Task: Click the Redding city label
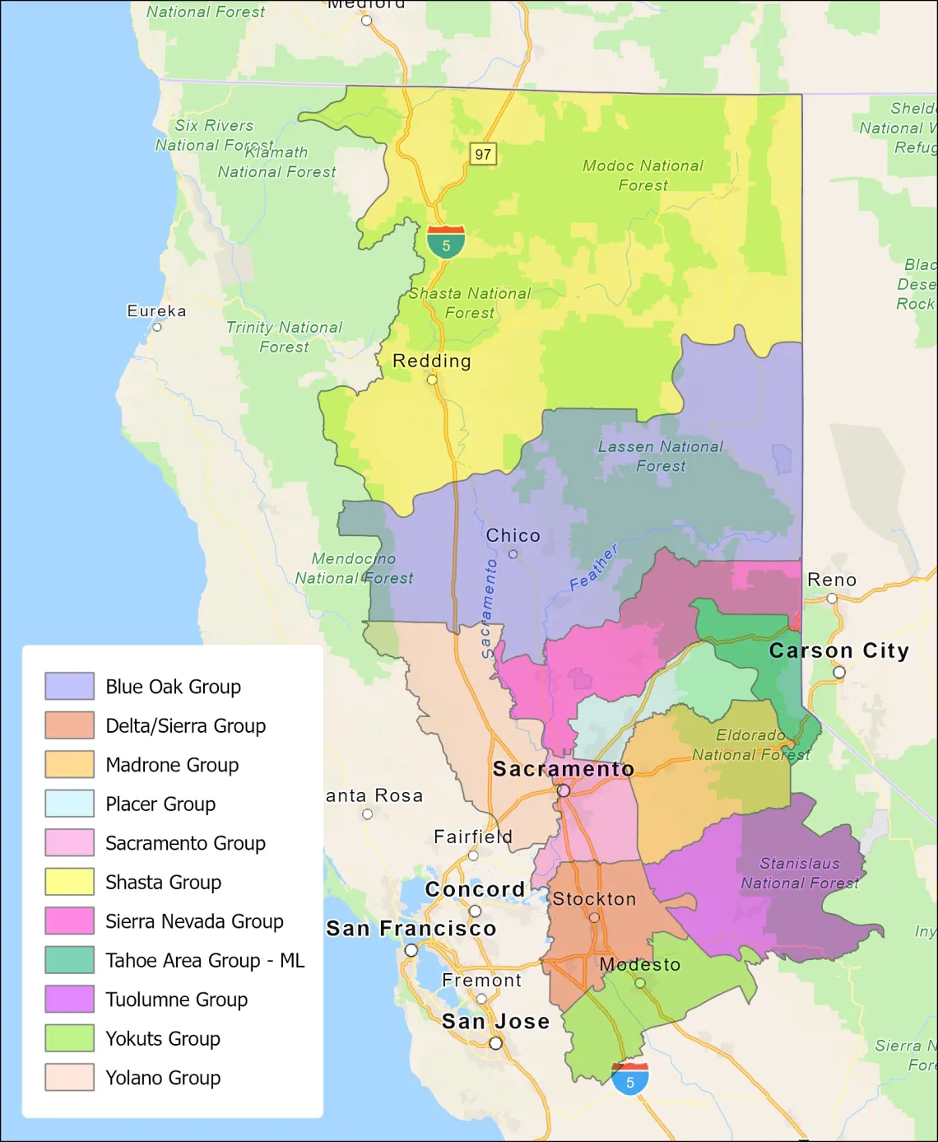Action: [x=432, y=361]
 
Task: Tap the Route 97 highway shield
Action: [x=483, y=154]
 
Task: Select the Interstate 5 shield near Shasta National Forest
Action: [x=446, y=242]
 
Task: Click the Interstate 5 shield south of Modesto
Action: [x=630, y=1079]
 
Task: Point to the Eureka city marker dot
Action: [x=156, y=327]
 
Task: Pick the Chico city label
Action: [x=513, y=535]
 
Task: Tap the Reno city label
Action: [x=832, y=580]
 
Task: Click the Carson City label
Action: [x=839, y=650]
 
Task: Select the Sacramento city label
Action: [x=564, y=769]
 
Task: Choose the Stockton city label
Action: [x=594, y=898]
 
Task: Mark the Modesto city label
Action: [x=640, y=964]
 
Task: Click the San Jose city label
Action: [x=495, y=1021]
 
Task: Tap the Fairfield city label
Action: [x=473, y=837]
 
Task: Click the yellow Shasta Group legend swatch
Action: [x=70, y=882]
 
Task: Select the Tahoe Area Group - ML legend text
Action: [x=205, y=960]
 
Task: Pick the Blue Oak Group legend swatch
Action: [x=70, y=686]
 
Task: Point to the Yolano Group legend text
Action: [x=163, y=1078]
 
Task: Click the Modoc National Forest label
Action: [x=643, y=175]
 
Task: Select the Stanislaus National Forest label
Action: [x=800, y=873]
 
